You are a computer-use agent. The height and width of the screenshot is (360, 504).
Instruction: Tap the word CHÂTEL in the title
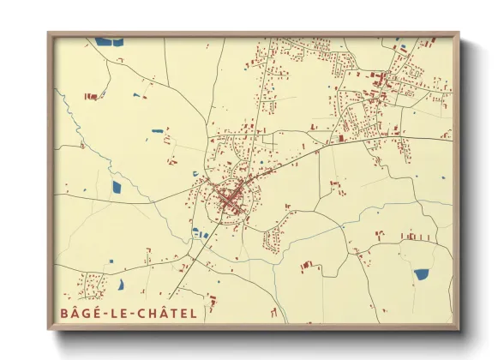(x=165, y=313)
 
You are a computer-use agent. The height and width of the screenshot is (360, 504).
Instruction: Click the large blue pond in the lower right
(x=421, y=274)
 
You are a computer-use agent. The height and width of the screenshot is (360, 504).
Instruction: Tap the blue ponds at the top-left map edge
(x=109, y=40)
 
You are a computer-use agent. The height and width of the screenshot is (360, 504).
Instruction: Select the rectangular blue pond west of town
(x=117, y=186)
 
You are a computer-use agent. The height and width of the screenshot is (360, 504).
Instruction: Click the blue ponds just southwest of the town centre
(x=200, y=233)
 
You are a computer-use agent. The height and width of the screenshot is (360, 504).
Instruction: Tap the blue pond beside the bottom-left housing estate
(x=121, y=283)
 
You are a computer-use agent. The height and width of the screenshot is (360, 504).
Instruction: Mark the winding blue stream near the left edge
(x=69, y=120)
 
